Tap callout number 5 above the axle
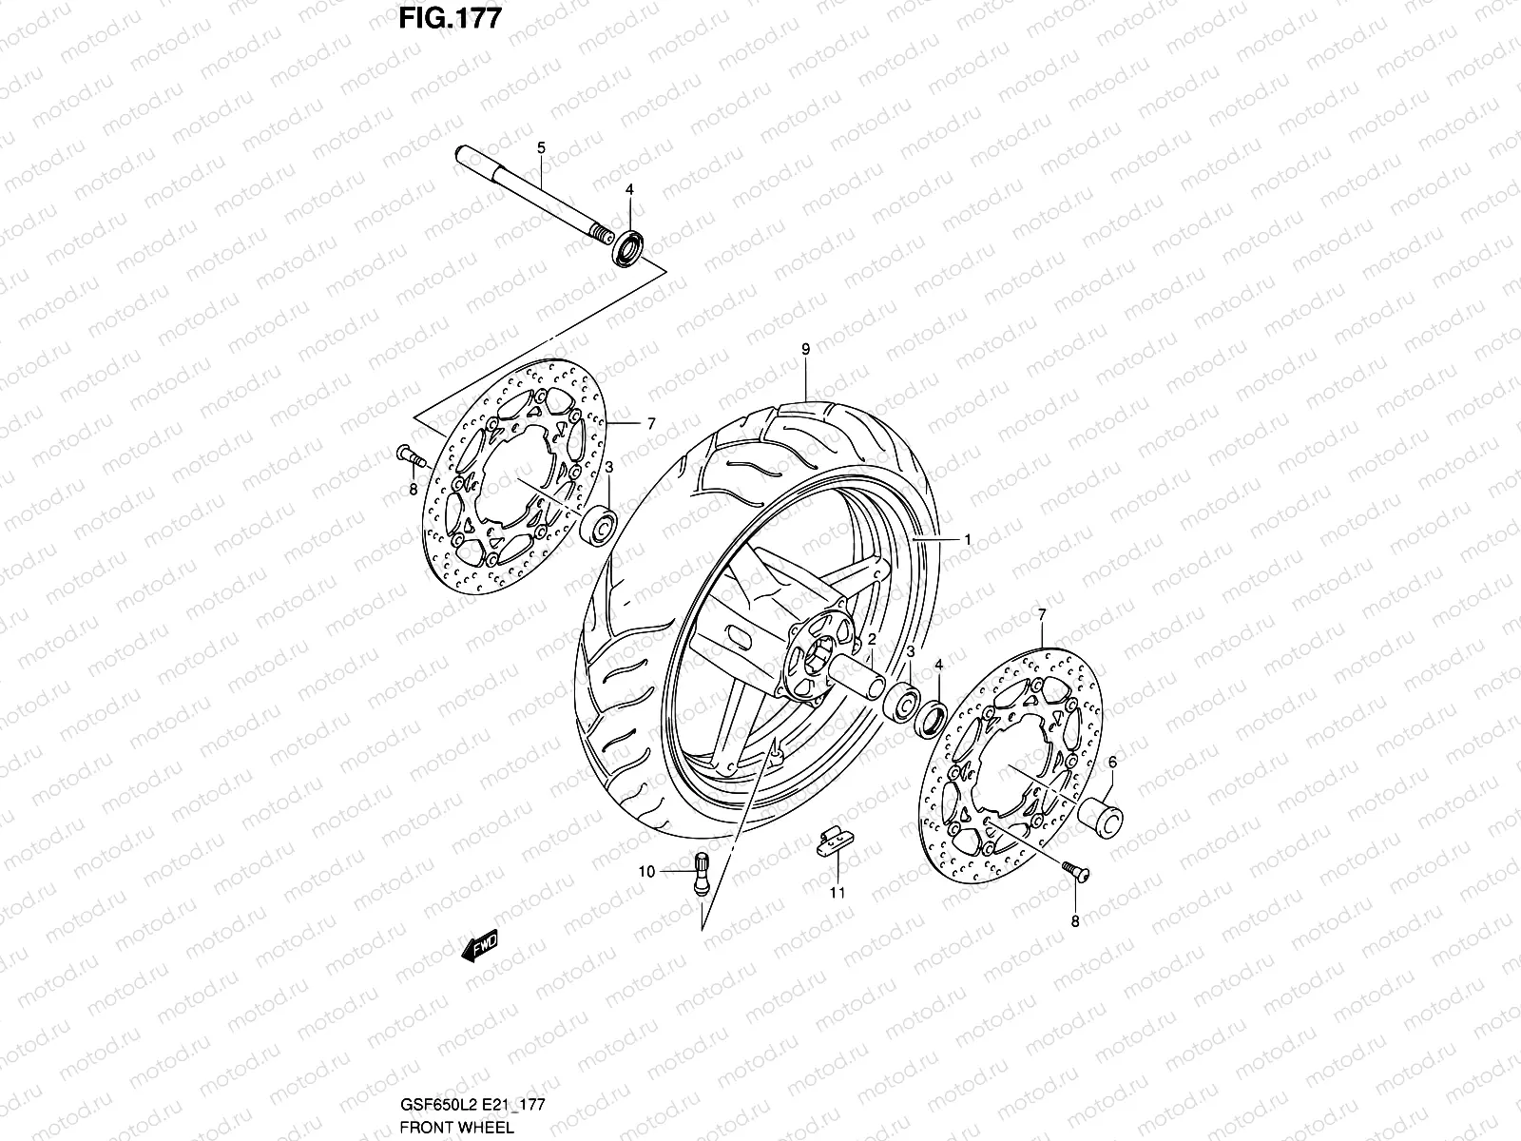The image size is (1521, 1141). click(x=541, y=147)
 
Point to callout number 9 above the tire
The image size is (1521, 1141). click(x=805, y=350)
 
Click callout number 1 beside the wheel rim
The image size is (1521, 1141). click(x=967, y=539)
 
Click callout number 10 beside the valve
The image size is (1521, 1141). click(x=645, y=871)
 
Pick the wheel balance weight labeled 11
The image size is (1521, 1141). click(x=834, y=841)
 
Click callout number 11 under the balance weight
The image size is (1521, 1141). click(x=837, y=893)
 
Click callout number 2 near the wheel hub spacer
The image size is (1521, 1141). click(x=871, y=641)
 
